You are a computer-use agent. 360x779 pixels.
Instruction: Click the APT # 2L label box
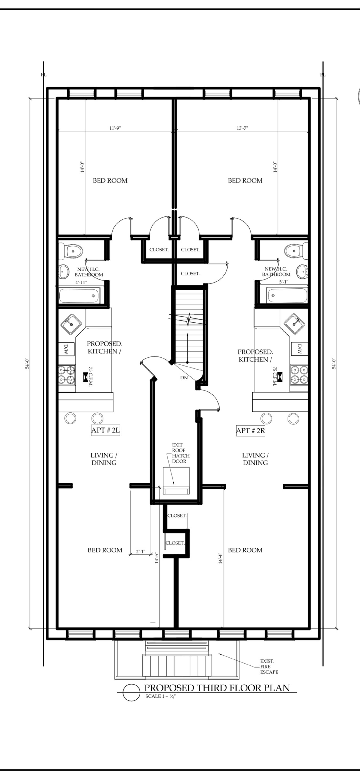pos(106,430)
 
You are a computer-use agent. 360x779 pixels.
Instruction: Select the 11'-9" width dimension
pos(115,128)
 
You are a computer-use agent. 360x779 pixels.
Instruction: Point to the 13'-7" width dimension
pos(242,128)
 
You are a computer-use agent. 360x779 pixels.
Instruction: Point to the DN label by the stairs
pos(184,377)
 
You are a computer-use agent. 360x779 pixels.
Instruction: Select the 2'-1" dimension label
pos(141,552)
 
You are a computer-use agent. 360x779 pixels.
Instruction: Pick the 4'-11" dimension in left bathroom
pos(81,282)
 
